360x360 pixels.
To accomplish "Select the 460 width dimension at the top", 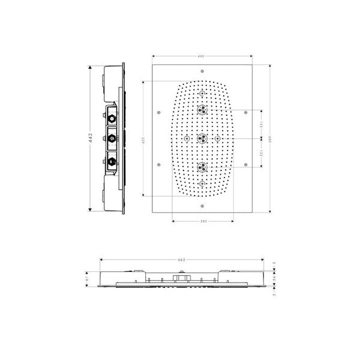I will point(202,56).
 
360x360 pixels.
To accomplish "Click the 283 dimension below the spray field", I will point(204,222).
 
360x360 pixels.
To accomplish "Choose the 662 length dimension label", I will point(181,259).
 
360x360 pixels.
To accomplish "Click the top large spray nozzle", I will point(203,110).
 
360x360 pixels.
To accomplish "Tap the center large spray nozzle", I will point(203,139).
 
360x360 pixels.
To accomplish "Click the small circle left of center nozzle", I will point(187,139).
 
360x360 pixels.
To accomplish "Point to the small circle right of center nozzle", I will point(218,139).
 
